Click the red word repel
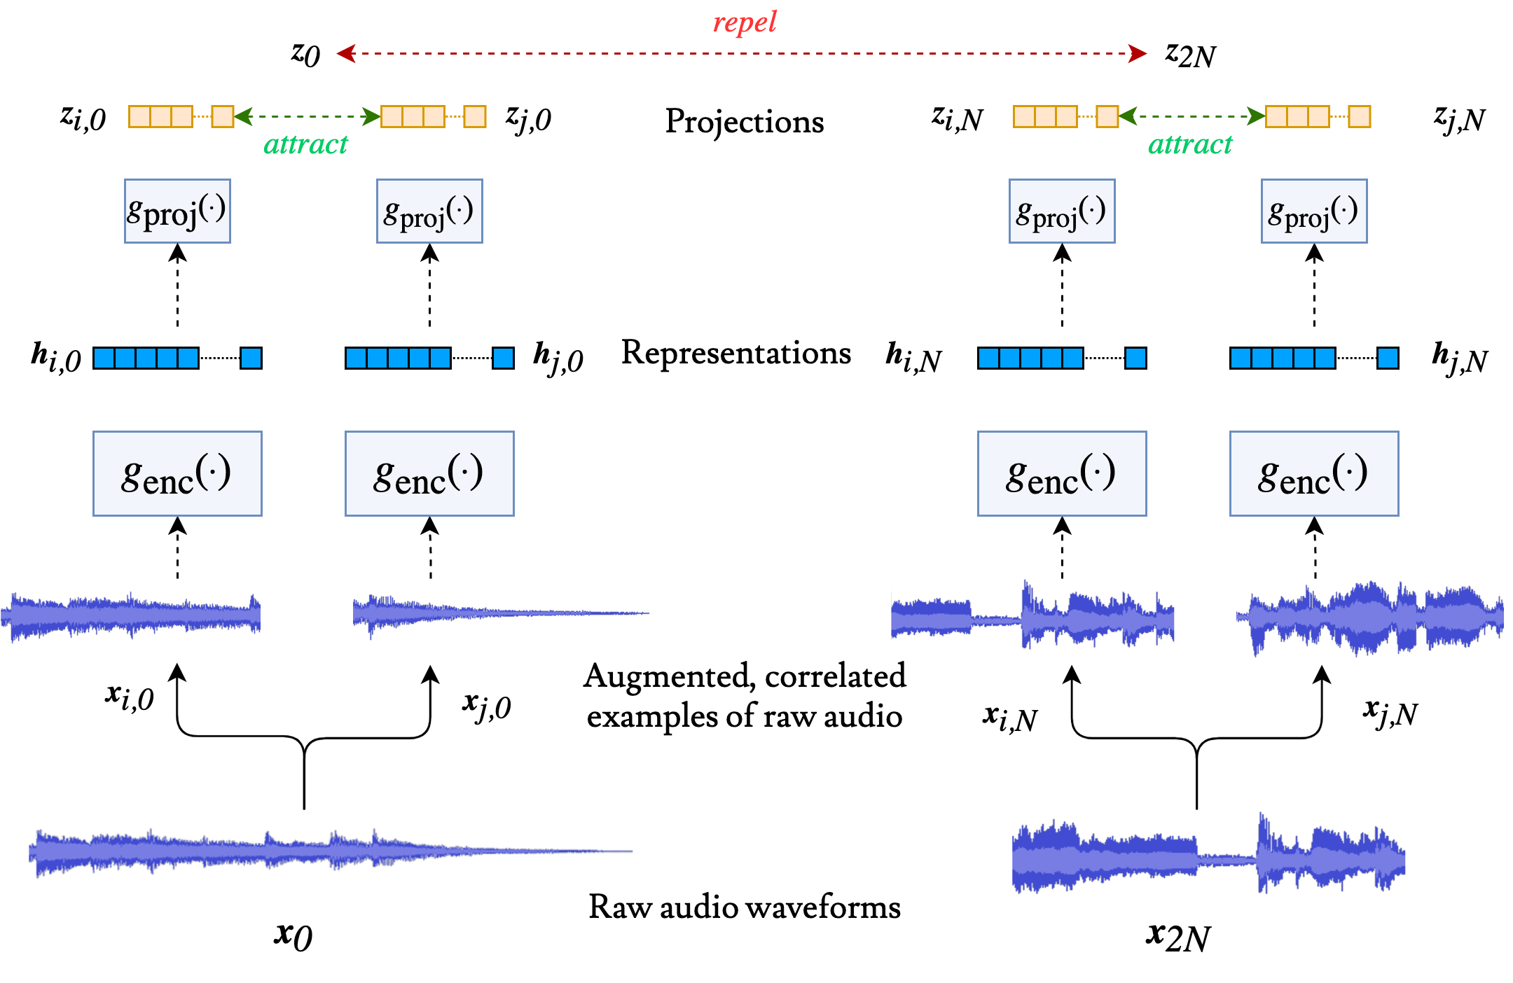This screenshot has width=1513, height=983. (745, 22)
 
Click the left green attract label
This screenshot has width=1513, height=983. (305, 145)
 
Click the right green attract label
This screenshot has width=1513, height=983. (1190, 145)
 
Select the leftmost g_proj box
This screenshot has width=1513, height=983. (177, 211)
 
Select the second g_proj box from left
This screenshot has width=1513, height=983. (429, 211)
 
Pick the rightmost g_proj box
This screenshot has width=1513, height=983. (1314, 211)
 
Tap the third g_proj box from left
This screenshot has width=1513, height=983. (1062, 211)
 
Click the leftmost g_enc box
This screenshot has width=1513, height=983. (177, 474)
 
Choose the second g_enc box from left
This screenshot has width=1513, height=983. (429, 474)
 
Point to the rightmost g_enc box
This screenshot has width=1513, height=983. (1314, 474)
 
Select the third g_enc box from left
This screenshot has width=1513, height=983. (1062, 474)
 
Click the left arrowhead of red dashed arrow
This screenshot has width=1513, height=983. (345, 53)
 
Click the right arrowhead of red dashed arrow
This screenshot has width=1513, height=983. (1138, 53)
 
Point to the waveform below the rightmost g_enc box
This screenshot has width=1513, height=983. (1369, 618)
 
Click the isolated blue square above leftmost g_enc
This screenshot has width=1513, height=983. (251, 358)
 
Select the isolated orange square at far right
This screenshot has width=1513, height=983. (1360, 116)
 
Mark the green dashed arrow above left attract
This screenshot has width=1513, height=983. (307, 116)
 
